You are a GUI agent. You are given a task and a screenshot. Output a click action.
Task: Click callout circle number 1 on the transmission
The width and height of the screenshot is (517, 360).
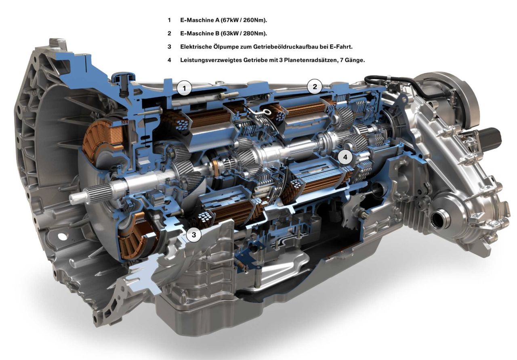pos(184,88)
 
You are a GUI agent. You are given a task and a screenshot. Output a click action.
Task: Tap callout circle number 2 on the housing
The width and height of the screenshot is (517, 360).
pos(315,87)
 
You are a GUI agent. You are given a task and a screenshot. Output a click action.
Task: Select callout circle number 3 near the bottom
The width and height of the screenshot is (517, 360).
pos(193,235)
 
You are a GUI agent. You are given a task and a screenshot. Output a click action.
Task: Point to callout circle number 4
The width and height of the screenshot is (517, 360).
pos(345,157)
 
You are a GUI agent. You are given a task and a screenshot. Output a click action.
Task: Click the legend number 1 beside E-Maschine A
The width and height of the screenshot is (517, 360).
pos(169,20)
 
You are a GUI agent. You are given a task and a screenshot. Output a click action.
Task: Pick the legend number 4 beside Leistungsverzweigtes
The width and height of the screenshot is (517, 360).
pos(169,60)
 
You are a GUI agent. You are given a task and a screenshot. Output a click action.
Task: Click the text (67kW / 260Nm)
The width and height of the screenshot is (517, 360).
pos(244,20)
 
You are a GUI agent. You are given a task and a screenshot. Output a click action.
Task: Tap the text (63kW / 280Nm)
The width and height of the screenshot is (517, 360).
pos(244,33)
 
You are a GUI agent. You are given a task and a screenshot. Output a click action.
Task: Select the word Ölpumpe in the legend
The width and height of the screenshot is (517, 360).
pos(225,47)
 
